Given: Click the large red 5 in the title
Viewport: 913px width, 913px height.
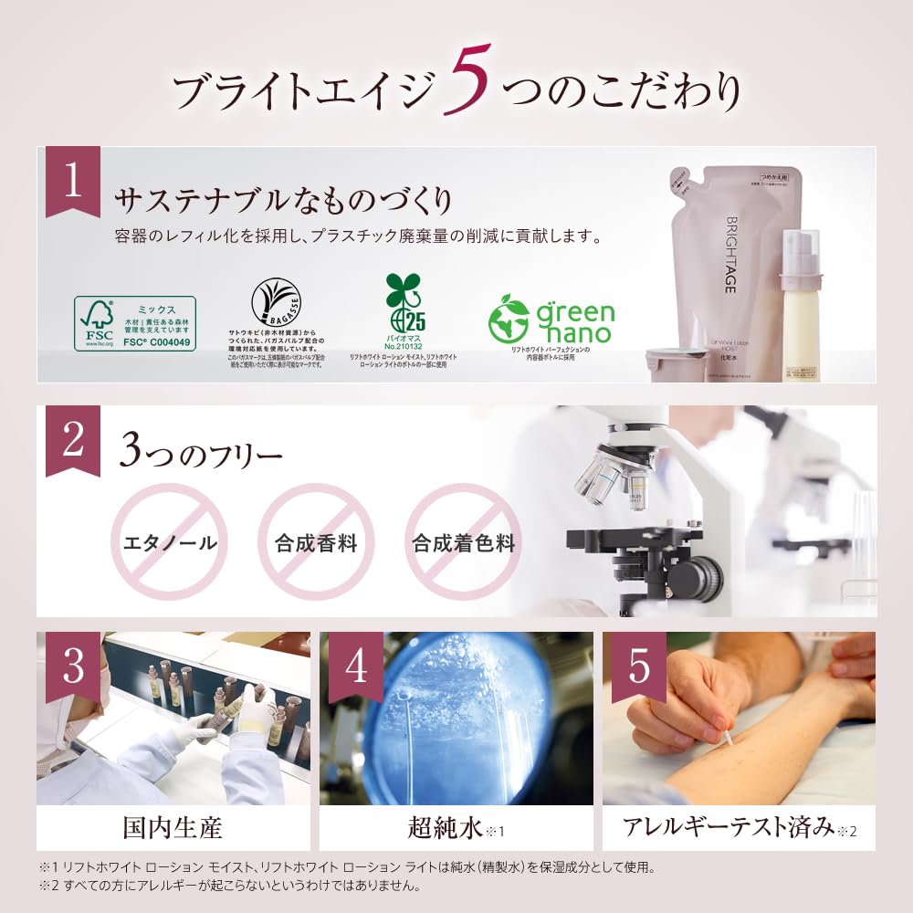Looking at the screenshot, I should (x=469, y=81).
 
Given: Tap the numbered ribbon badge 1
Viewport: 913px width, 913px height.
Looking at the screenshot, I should (x=73, y=180).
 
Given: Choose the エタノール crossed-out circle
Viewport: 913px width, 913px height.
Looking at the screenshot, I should (x=169, y=542).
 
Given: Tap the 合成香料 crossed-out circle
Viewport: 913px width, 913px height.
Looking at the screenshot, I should (x=316, y=542).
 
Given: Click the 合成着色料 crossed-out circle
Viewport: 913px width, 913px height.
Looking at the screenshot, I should (x=463, y=542).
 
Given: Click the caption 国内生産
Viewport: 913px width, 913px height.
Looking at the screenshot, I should (x=173, y=828).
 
